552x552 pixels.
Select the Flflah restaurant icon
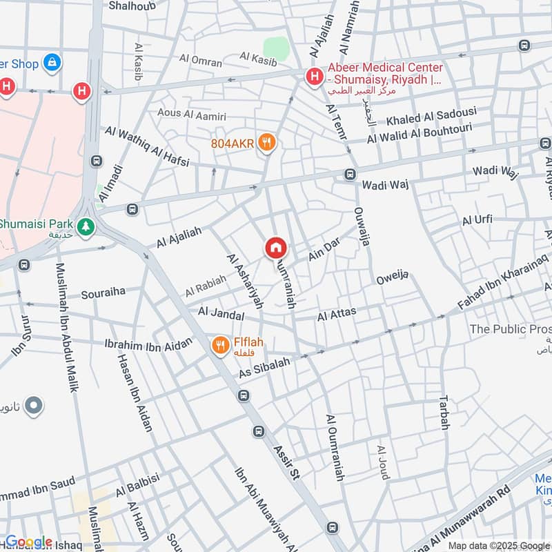(220, 345)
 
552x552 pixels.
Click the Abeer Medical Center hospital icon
(315, 77)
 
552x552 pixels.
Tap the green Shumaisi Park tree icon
(86, 226)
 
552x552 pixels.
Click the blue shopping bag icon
(51, 63)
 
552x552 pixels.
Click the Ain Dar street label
(325, 253)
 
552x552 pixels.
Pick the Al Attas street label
(337, 315)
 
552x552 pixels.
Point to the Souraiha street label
(103, 293)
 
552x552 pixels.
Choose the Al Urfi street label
(477, 220)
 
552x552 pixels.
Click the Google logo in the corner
(28, 542)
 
